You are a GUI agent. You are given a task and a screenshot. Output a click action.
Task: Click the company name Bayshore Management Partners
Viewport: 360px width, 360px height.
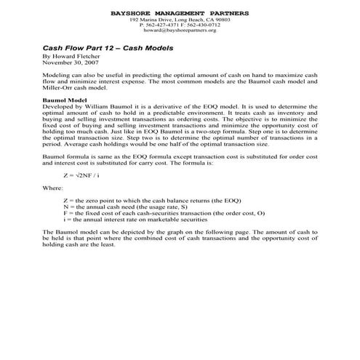pos(180,13)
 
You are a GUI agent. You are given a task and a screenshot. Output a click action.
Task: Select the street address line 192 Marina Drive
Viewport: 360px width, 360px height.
pos(180,20)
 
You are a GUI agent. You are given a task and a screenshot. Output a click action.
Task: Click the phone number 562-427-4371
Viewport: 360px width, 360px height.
pos(158,26)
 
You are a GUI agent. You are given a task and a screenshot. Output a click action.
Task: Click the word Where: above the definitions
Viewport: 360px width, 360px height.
pos(53,187)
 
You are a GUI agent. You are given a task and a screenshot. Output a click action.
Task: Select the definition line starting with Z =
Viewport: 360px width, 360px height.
pos(153,199)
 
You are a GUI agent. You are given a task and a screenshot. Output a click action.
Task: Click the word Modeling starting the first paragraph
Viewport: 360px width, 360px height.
pos(57,74)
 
